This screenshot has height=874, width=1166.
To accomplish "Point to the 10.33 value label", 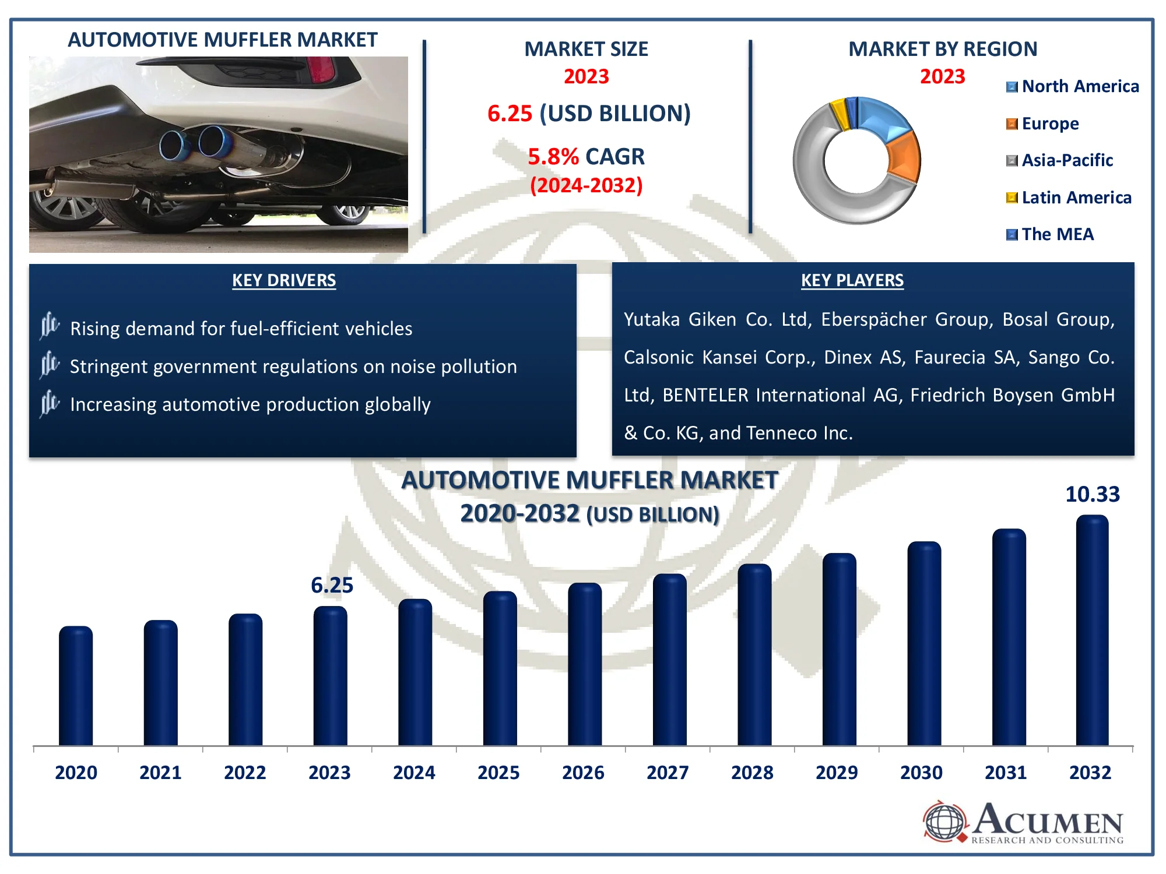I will click(x=1092, y=495).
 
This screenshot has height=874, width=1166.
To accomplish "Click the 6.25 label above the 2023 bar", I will click(x=332, y=585).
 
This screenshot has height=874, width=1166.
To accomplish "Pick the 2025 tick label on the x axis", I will click(x=498, y=773).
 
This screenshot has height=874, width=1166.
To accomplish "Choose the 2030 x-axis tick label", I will click(x=921, y=773).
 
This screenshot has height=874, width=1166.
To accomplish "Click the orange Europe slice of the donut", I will click(x=904, y=157).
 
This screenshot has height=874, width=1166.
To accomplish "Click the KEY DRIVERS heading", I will click(x=284, y=280).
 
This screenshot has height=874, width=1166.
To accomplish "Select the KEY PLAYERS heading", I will click(x=852, y=280).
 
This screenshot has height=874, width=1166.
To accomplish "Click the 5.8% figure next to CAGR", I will click(x=553, y=157).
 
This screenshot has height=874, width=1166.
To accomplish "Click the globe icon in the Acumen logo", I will click(x=945, y=822).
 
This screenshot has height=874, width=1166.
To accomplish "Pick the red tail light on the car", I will click(x=321, y=70).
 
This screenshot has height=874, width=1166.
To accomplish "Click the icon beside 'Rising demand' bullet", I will click(x=50, y=326).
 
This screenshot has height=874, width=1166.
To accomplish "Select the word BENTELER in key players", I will click(x=705, y=395).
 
